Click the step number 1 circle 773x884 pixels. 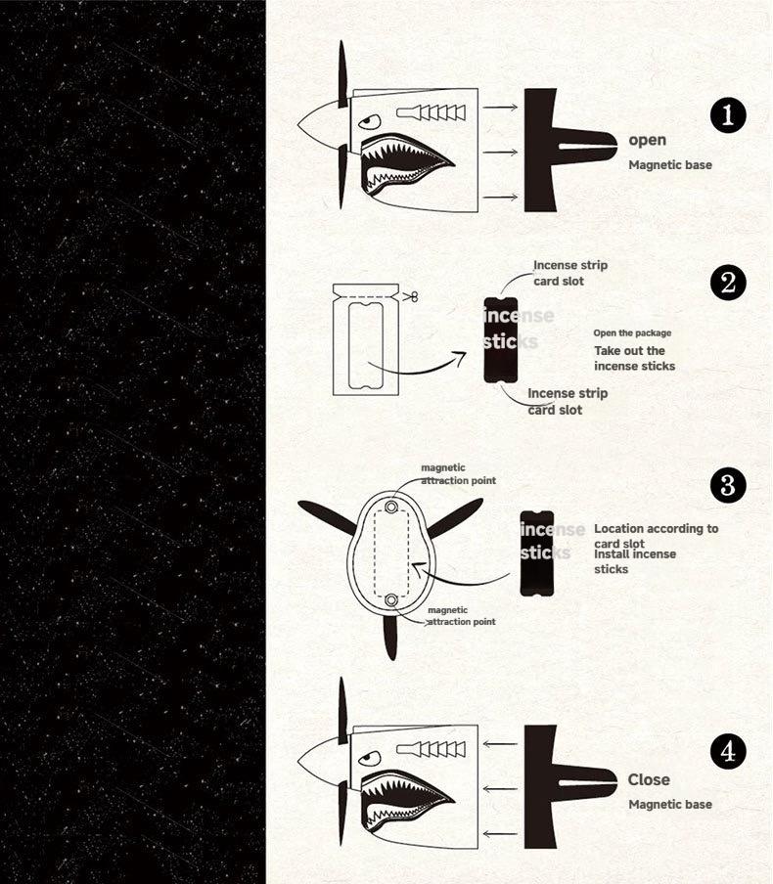727,116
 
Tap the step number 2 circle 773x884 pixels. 727,284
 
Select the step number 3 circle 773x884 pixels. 727,485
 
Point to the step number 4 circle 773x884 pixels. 727,752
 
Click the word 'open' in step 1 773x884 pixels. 647,141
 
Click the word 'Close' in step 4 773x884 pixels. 649,779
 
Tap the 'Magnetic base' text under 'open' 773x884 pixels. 669,165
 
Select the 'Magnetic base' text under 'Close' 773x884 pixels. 669,804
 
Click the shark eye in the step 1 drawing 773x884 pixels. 367,122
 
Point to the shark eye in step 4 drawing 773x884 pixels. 367,758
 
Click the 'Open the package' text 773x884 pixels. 632,333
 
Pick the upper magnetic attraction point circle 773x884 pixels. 391,508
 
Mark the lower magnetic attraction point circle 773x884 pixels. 391,598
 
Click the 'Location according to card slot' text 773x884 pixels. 655,535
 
